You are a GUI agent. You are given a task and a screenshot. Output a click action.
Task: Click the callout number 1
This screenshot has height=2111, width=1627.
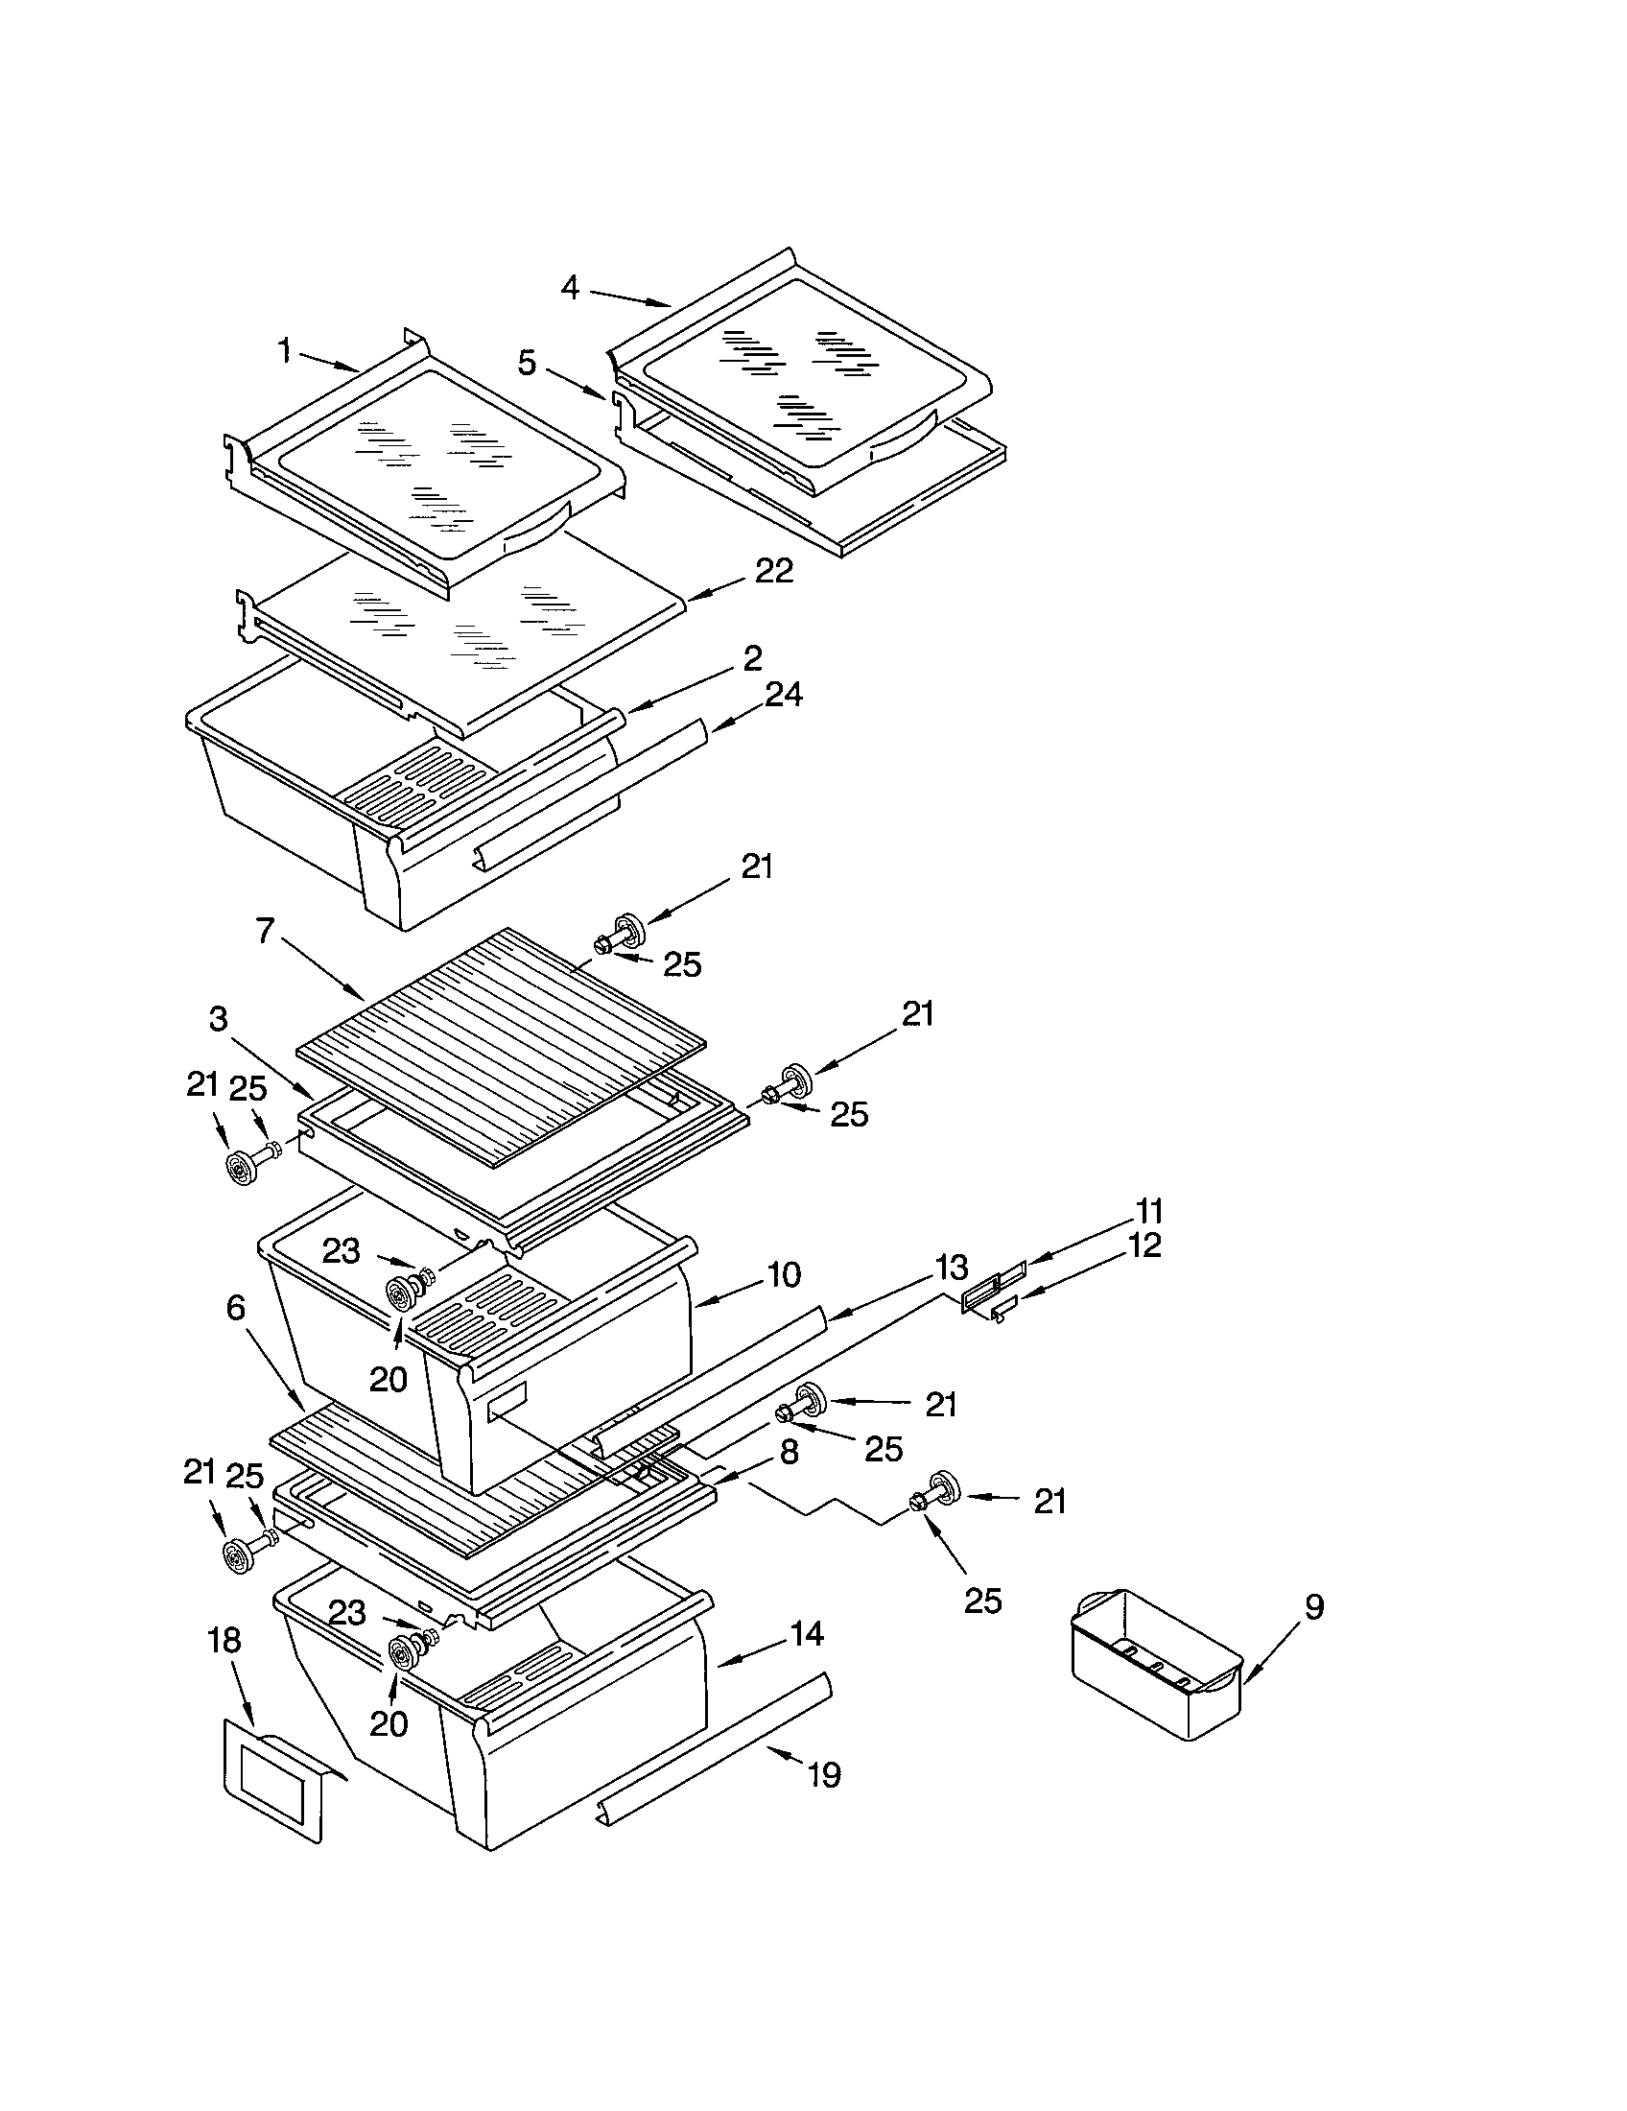pyautogui.click(x=285, y=351)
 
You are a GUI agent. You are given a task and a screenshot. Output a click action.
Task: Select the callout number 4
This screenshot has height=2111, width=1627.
pyautogui.click(x=570, y=287)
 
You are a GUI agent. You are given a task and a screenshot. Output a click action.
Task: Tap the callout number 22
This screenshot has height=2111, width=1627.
pyautogui.click(x=774, y=570)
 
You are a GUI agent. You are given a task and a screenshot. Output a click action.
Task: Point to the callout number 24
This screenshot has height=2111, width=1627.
pyautogui.click(x=783, y=694)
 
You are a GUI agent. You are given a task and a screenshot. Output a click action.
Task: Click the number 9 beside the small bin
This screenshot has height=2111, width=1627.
pyautogui.click(x=1314, y=1606)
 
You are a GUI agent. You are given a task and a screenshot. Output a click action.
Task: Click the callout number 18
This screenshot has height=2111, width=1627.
pyautogui.click(x=224, y=1639)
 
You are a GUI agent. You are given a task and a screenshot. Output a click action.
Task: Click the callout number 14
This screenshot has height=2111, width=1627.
pyautogui.click(x=807, y=1633)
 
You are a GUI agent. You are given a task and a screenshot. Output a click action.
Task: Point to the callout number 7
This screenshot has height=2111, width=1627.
pyautogui.click(x=266, y=931)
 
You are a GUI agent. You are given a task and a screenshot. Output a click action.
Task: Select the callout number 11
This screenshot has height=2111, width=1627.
pyautogui.click(x=1148, y=1211)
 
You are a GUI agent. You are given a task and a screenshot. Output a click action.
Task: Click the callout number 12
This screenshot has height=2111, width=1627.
pyautogui.click(x=1144, y=1245)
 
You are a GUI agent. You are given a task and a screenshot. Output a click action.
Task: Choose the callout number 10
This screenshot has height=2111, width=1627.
pyautogui.click(x=784, y=1275)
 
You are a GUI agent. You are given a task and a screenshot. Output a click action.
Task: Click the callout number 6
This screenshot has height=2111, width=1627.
pyautogui.click(x=236, y=1308)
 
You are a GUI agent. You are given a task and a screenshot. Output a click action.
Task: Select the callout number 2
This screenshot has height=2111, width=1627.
pyautogui.click(x=753, y=658)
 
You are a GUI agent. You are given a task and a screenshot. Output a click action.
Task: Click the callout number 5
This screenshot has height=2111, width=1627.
pyautogui.click(x=527, y=364)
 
